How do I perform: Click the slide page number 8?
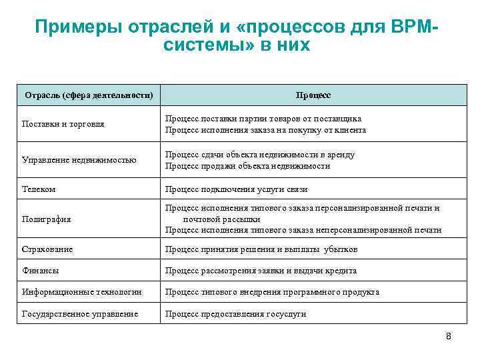click(449, 336)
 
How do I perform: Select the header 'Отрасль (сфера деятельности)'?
click(89, 95)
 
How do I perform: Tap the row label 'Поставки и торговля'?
click(63, 124)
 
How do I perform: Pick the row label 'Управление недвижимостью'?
click(79, 159)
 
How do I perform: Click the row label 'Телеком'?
click(39, 189)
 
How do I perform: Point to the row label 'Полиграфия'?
click(46, 219)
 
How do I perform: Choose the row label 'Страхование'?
click(47, 249)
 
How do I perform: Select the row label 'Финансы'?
click(40, 271)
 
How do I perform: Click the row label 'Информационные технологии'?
click(81, 292)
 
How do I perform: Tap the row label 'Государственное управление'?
click(80, 313)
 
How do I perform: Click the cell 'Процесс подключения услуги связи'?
click(236, 189)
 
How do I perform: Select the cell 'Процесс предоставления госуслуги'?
click(235, 313)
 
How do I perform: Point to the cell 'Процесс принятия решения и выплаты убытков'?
click(261, 249)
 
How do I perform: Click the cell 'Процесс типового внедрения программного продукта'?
click(272, 292)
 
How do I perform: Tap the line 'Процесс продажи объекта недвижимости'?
click(247, 165)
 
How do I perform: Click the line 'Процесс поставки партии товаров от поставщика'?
click(263, 119)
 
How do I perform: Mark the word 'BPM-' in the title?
click(415, 27)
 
